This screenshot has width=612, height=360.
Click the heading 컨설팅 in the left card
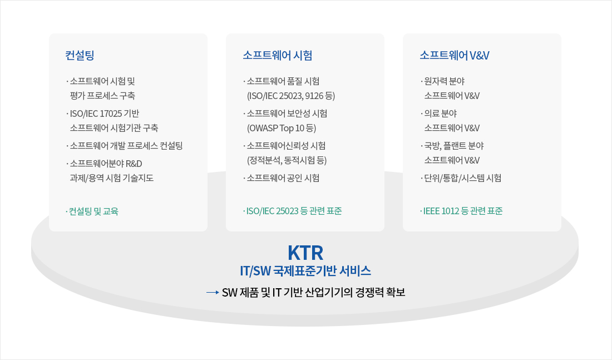click(80, 55)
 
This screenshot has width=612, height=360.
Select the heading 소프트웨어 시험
click(278, 55)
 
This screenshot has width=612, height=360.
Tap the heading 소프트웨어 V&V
click(455, 55)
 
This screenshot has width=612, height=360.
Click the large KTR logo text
click(305, 253)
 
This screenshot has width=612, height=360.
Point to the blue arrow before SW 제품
click(213, 293)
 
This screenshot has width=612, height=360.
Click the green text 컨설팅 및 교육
click(92, 211)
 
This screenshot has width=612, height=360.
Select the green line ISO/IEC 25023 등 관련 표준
click(292, 211)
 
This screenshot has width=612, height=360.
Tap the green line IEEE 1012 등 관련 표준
click(461, 211)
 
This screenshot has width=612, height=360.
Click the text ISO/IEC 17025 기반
click(103, 114)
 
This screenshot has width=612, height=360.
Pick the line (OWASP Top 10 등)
click(282, 128)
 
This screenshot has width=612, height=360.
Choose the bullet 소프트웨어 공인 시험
click(282, 178)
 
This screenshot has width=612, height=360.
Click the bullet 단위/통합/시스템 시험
click(461, 178)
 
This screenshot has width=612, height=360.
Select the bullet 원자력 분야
click(443, 81)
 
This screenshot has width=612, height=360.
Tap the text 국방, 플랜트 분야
click(452, 146)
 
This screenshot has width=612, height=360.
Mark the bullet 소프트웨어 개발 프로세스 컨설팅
click(125, 146)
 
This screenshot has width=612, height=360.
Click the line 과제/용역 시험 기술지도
click(112, 178)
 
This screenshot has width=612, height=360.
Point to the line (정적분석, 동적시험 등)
click(287, 160)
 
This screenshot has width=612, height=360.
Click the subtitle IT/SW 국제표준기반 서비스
click(305, 271)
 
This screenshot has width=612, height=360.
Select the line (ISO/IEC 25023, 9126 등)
click(291, 96)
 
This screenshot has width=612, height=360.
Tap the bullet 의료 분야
click(439, 114)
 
